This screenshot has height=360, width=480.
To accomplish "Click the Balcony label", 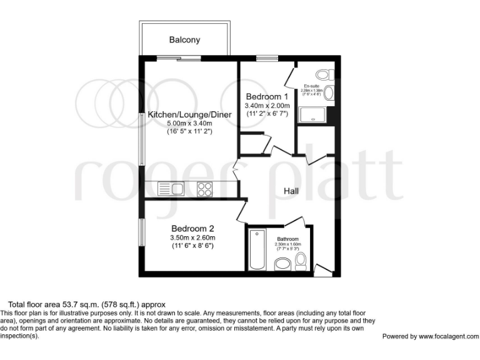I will [x=185, y=40].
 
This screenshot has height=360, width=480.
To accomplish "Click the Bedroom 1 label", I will [x=267, y=97].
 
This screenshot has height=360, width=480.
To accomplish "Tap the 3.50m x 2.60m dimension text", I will [x=192, y=237].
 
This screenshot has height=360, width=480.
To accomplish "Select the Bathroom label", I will [x=288, y=239].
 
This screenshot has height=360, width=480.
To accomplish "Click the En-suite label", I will [x=311, y=86].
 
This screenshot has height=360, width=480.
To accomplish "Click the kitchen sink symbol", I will [x=170, y=187].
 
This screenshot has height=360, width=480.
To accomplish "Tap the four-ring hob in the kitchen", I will [x=204, y=187].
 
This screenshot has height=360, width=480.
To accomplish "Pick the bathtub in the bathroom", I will [x=256, y=250].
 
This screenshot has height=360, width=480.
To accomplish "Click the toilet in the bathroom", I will [x=301, y=261].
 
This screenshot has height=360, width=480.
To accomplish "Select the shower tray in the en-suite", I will [x=312, y=114].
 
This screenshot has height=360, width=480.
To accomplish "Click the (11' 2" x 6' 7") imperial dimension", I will [x=267, y=114].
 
